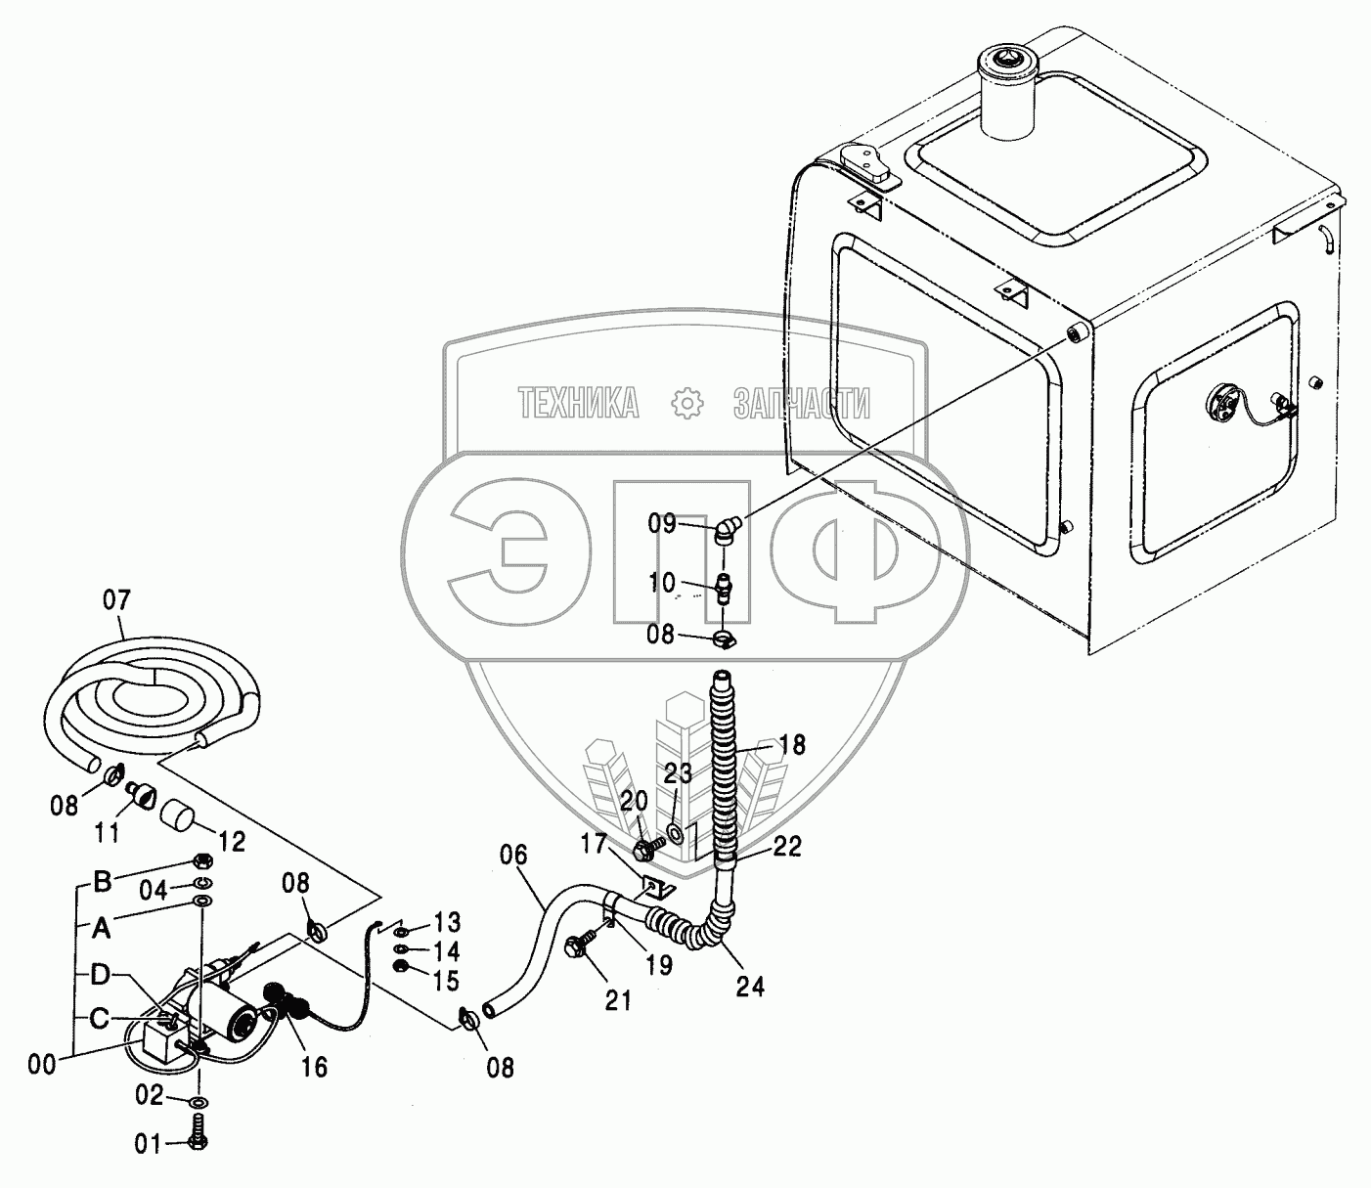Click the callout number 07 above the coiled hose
point(115,599)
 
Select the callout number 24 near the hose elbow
point(750,987)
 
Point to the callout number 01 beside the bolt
point(148,1143)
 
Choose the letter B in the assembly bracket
point(102,881)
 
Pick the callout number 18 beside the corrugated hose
point(792,746)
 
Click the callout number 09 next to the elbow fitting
point(662,523)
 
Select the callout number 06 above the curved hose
point(513,857)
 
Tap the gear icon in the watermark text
point(687,402)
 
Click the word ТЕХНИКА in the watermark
point(579,402)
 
